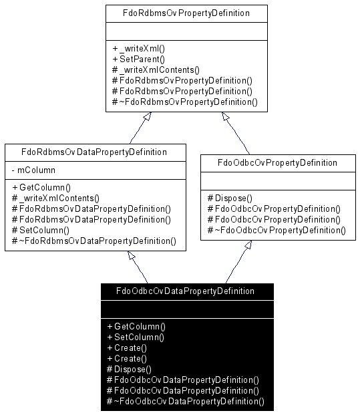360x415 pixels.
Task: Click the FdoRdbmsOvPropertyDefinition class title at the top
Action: point(186,13)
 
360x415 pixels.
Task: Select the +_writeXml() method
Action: point(139,48)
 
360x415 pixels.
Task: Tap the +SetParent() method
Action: point(139,59)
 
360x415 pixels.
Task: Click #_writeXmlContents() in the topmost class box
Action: point(156,70)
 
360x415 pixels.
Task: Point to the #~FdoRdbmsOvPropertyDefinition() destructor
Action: point(185,102)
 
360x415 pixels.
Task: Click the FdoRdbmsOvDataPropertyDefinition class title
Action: point(94,152)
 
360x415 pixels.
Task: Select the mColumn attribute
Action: point(33,170)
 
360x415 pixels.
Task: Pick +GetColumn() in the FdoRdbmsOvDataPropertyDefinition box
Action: point(41,187)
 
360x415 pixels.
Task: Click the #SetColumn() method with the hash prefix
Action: point(41,231)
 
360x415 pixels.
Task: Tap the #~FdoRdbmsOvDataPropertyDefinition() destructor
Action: point(94,241)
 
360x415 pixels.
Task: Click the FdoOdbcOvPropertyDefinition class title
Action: point(277,163)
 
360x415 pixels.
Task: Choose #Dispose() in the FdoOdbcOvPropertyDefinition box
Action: point(230,198)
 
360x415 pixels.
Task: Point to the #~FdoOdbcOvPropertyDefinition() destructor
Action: point(277,231)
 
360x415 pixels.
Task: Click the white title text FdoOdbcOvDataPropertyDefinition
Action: point(185,291)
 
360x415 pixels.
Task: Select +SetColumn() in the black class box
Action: point(136,337)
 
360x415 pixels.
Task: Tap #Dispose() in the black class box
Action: point(129,369)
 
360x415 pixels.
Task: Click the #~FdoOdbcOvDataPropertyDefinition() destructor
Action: point(186,401)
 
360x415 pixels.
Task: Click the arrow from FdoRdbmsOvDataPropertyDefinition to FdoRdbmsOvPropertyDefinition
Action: point(140,128)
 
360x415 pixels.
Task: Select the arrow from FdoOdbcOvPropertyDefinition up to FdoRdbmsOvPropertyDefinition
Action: point(235,133)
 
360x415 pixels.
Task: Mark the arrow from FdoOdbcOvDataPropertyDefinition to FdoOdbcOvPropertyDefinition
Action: point(238,262)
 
